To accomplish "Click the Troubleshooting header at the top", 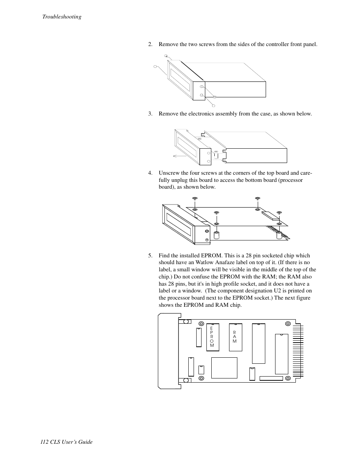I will coord(62,17).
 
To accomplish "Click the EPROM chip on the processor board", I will coord(212,337).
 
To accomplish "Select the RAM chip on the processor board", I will coord(235,337).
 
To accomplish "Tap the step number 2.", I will coord(150,45).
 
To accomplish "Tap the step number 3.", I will coord(150,114).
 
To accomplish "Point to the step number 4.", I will coord(150,173).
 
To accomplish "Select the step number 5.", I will coord(150,255).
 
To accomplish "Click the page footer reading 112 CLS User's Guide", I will coord(66,442).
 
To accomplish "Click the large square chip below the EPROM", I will coord(224,368).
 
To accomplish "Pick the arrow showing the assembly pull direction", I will coord(179,155).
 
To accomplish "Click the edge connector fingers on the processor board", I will coord(297,351).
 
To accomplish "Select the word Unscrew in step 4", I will coord(168,173).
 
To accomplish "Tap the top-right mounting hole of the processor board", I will coord(288,323).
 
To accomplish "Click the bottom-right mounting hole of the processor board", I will coord(288,378).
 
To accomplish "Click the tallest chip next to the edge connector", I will coord(282,354).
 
